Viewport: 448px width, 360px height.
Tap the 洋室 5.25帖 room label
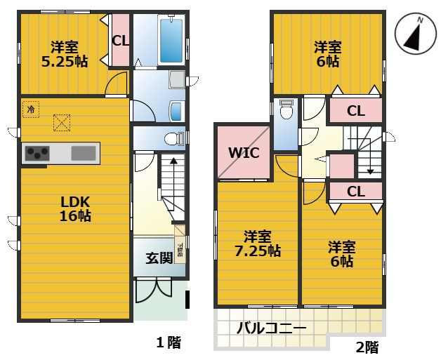click(64, 54)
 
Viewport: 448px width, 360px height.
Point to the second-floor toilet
click(286, 112)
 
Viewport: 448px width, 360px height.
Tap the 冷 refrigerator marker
click(30, 109)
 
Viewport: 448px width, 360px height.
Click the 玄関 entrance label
click(159, 258)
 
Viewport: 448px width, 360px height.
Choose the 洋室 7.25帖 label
click(257, 243)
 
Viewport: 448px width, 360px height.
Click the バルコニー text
click(271, 328)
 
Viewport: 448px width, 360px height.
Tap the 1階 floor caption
click(168, 342)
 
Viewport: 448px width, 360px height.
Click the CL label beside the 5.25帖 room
click(120, 41)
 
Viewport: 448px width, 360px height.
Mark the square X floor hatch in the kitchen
click(62, 124)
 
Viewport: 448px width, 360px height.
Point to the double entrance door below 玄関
click(153, 289)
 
